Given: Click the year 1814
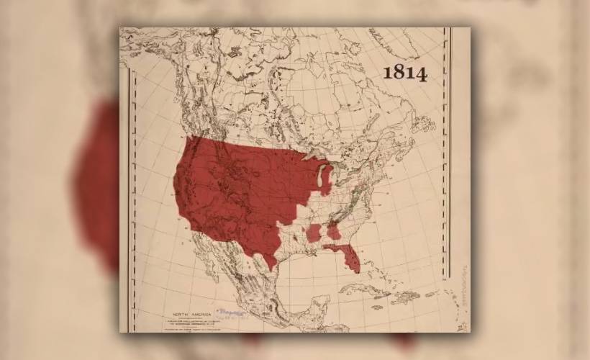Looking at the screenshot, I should click(x=404, y=73).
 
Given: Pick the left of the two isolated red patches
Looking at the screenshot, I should click(x=314, y=233).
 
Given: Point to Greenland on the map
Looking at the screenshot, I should click(x=403, y=43).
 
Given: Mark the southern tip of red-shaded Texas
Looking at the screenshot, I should click(x=272, y=267).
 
